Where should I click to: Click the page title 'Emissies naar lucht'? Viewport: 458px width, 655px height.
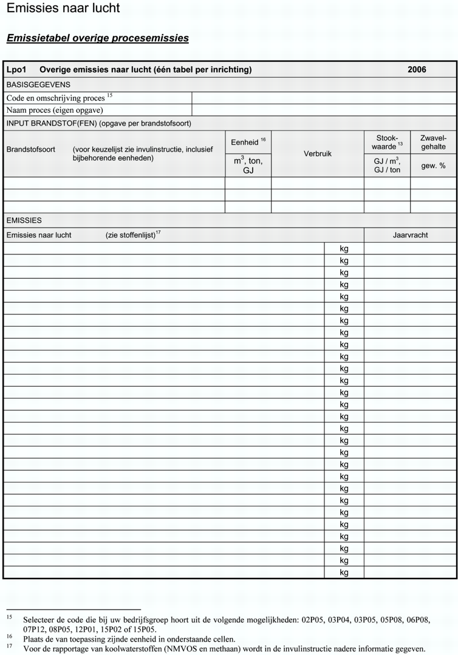click(x=63, y=8)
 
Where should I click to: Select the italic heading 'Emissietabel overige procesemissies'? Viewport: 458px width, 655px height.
click(x=97, y=38)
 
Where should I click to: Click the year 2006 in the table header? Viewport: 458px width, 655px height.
click(x=417, y=70)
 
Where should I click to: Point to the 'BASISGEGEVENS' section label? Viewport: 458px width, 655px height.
click(x=38, y=85)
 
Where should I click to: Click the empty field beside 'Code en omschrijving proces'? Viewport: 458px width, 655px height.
click(x=324, y=98)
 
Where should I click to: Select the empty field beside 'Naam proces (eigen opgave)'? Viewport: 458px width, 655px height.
click(x=324, y=110)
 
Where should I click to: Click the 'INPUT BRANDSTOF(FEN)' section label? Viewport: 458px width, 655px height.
click(x=98, y=123)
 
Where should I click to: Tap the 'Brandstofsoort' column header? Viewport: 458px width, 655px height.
click(x=31, y=149)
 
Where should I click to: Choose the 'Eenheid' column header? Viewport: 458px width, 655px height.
click(x=245, y=142)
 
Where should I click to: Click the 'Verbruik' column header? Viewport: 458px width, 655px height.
click(x=318, y=154)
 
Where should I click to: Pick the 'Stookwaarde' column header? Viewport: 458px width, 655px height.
click(x=385, y=142)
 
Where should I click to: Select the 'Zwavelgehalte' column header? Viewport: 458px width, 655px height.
click(x=433, y=142)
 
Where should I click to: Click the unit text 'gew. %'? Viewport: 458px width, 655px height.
click(x=433, y=165)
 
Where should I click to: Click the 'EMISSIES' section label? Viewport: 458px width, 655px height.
click(x=24, y=220)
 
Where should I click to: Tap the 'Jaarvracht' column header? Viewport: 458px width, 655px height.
click(x=410, y=235)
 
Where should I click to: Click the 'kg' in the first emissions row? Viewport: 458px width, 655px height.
click(x=344, y=248)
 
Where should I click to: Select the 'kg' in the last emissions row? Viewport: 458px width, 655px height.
click(x=344, y=572)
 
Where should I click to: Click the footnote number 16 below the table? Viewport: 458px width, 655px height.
click(x=10, y=637)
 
